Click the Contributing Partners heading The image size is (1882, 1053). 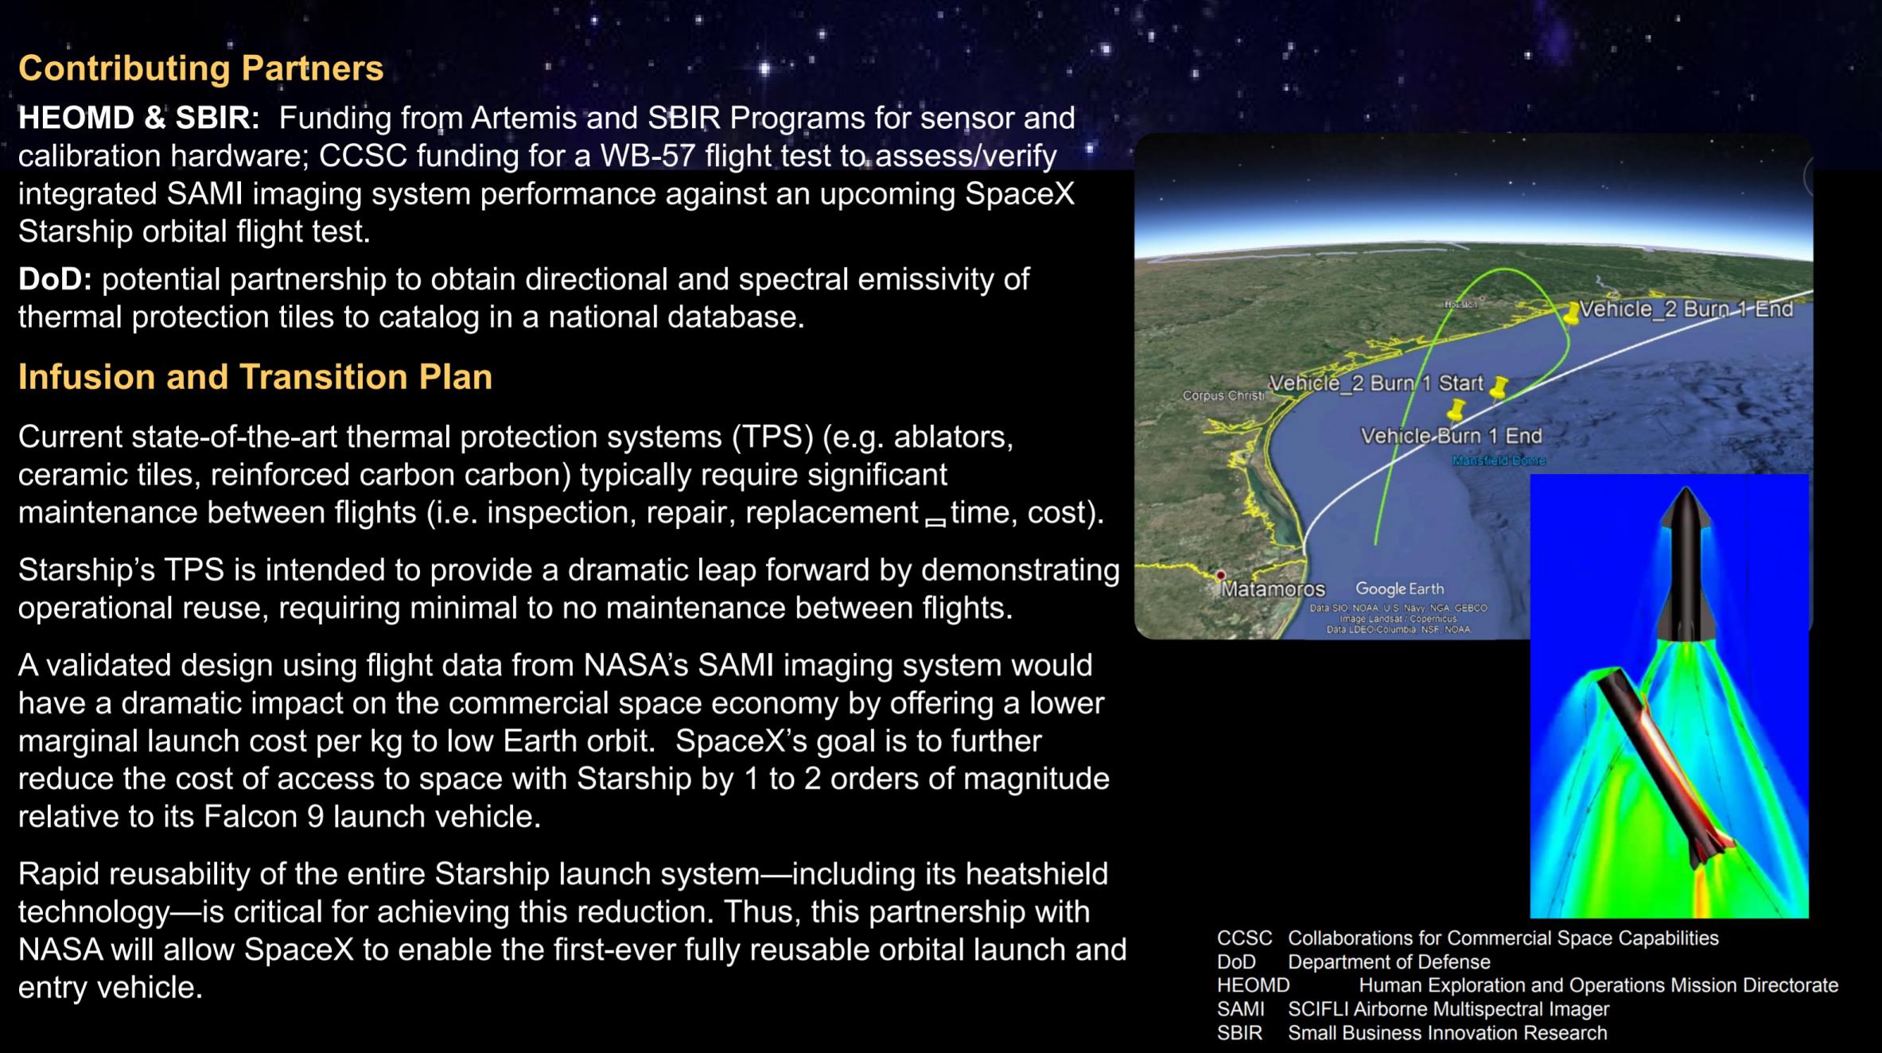pyautogui.click(x=200, y=68)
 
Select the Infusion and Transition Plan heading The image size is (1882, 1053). pyautogui.click(x=255, y=377)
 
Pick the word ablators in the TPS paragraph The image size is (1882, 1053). pyautogui.click(x=954, y=437)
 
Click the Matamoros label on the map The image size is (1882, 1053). pyautogui.click(x=1273, y=589)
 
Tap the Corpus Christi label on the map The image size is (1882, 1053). pyautogui.click(x=1223, y=395)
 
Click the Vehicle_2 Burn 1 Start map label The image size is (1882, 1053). pyautogui.click(x=1376, y=383)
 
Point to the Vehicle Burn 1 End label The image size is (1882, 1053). pyautogui.click(x=1451, y=436)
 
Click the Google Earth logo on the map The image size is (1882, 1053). pyautogui.click(x=1399, y=589)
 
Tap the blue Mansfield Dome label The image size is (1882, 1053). pyautogui.click(x=1499, y=460)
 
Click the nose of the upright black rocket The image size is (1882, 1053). pyautogui.click(x=1685, y=490)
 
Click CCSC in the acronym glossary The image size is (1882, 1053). pyautogui.click(x=1244, y=938)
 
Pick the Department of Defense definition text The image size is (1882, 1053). pyautogui.click(x=1389, y=962)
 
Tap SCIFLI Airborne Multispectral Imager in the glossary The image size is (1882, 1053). pyautogui.click(x=1448, y=1009)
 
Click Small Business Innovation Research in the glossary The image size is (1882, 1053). pyautogui.click(x=1448, y=1033)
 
